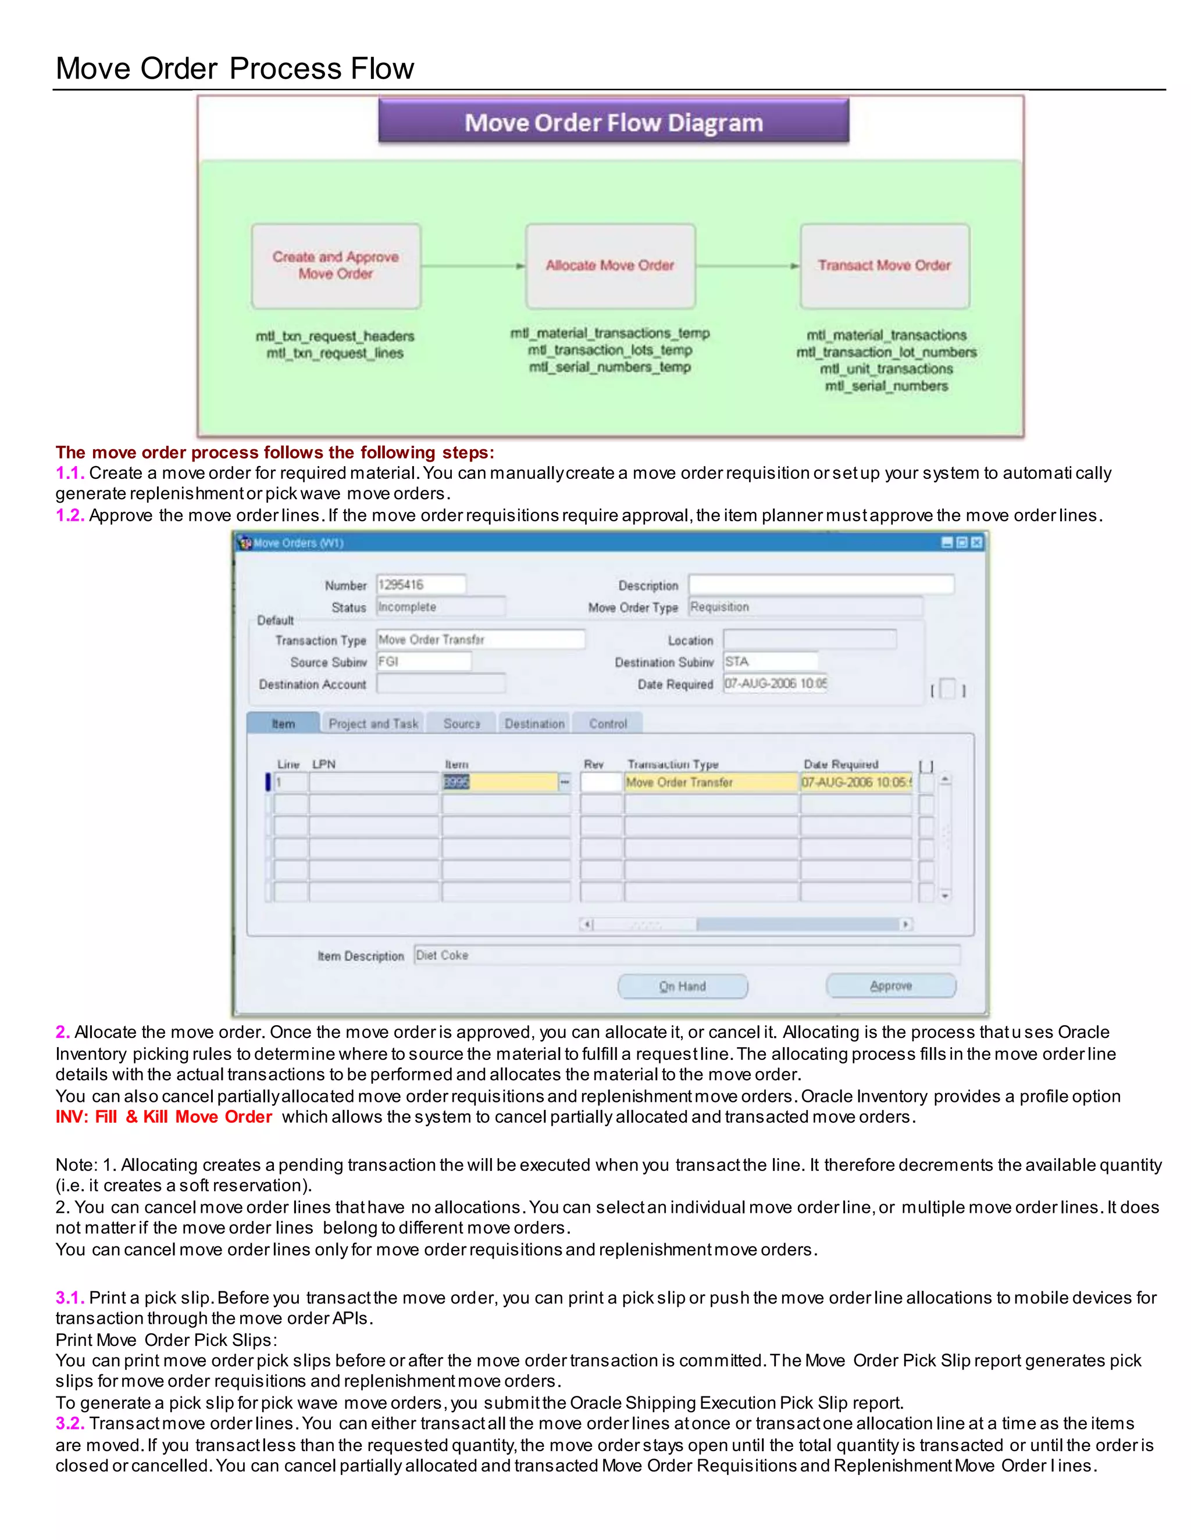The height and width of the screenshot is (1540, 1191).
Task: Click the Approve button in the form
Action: (x=890, y=986)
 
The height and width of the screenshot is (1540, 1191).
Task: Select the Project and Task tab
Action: (x=373, y=724)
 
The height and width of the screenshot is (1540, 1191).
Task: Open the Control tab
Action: (x=608, y=724)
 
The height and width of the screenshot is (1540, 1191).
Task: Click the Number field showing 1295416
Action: (x=420, y=585)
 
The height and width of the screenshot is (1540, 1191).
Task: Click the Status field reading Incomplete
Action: (x=440, y=606)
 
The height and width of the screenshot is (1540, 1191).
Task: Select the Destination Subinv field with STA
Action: (x=771, y=661)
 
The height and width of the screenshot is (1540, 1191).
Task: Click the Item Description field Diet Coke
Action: (x=687, y=955)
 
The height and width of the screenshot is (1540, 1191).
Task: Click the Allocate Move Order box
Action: (x=610, y=266)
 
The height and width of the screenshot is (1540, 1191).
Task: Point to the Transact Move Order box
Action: (x=885, y=266)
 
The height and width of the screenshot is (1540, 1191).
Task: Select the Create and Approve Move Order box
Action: (x=336, y=266)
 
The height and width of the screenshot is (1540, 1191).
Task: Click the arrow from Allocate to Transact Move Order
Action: (x=748, y=266)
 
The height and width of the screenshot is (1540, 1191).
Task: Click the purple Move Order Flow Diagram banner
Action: (x=613, y=122)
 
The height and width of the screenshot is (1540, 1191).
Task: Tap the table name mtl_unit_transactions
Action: (x=886, y=369)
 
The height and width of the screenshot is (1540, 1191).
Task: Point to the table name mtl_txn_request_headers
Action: (x=335, y=336)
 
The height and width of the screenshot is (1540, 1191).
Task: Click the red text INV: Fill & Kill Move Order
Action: (x=163, y=1117)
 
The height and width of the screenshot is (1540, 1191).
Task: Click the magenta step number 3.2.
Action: (x=70, y=1423)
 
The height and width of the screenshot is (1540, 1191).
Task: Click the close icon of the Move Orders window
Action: (x=976, y=542)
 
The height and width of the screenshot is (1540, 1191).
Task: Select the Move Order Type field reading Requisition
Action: (x=805, y=606)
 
